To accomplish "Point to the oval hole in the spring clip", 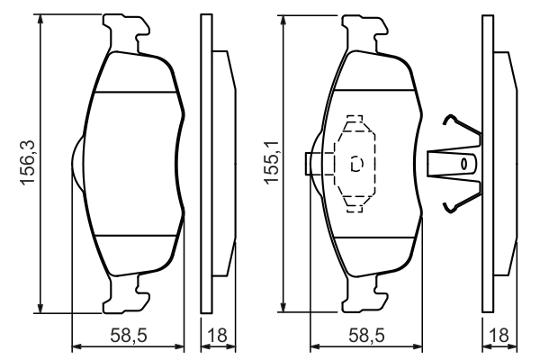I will point(465,164).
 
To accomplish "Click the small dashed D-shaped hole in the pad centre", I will point(355,164).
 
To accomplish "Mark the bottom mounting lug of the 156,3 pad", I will point(127,294).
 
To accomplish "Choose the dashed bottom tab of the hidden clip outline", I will point(355,204).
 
